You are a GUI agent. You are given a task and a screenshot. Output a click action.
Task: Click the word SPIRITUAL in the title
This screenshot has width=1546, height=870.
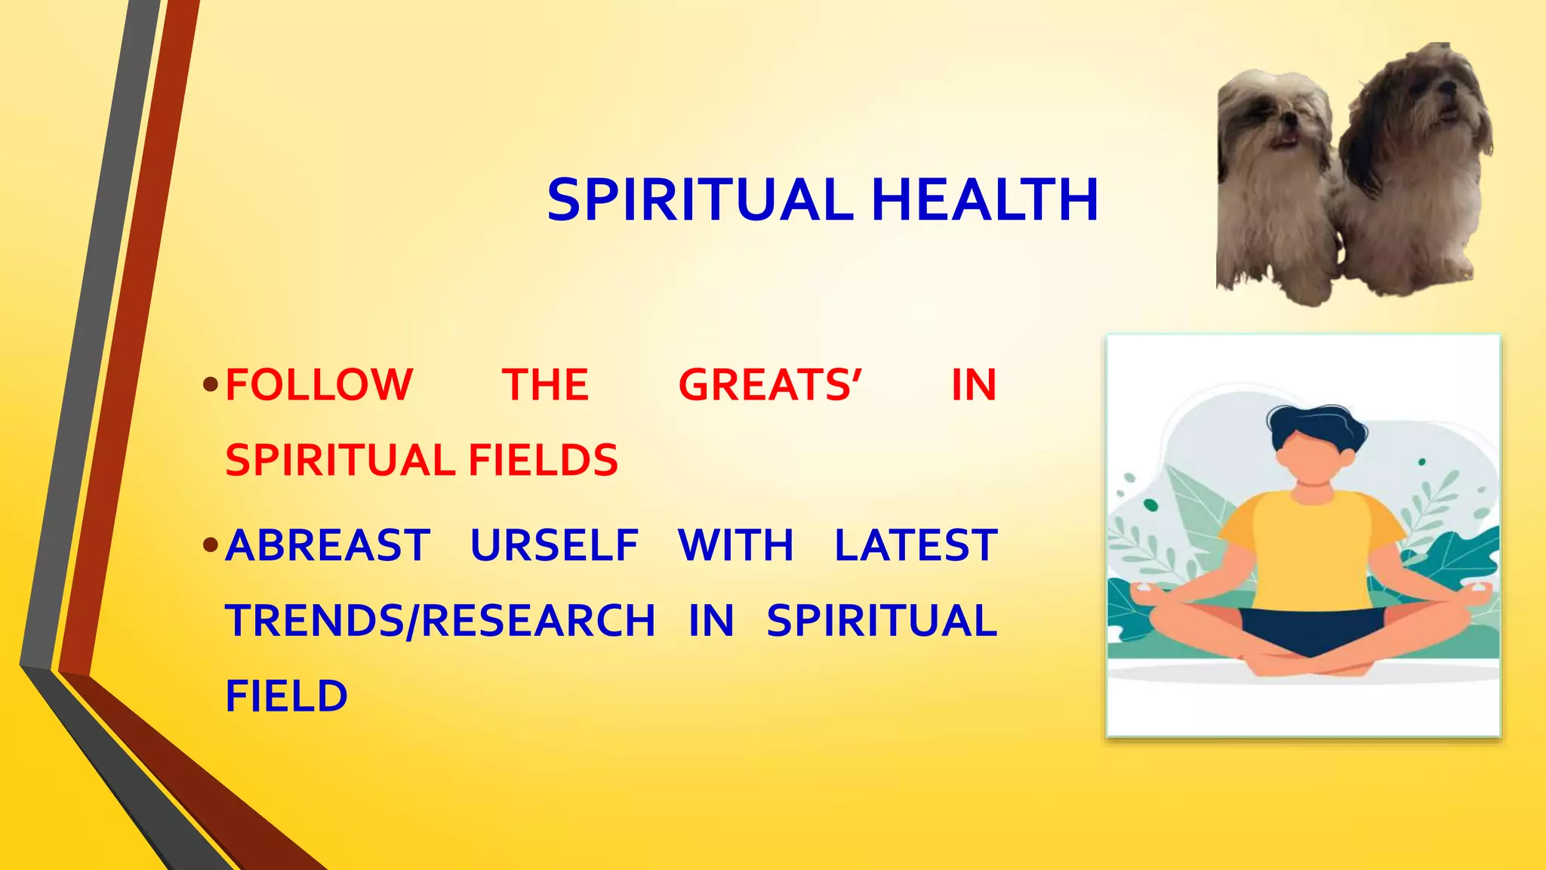[700, 200]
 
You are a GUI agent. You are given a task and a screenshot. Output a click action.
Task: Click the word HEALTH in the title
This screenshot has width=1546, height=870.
[984, 200]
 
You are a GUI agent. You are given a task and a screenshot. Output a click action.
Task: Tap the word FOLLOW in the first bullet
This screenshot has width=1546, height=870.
[319, 384]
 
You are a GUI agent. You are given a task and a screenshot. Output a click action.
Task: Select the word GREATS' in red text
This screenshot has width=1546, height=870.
[770, 384]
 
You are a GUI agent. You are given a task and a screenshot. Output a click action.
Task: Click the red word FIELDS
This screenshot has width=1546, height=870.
[543, 460]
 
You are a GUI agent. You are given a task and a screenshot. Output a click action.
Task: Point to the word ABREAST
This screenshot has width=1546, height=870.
[328, 545]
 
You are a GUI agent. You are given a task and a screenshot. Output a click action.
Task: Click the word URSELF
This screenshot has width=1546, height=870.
[554, 545]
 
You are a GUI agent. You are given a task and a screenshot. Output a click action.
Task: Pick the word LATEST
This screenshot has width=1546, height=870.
[916, 545]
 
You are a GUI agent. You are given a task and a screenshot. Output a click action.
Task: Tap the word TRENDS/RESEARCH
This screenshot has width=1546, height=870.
[440, 621]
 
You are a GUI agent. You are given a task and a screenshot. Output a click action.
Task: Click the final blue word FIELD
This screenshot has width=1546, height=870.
[286, 696]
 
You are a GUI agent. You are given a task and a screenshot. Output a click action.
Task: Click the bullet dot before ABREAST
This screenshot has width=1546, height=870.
[211, 545]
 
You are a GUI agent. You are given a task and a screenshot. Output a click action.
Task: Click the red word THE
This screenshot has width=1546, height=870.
[545, 384]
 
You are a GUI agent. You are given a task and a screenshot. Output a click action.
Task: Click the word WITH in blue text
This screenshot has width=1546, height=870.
[736, 545]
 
